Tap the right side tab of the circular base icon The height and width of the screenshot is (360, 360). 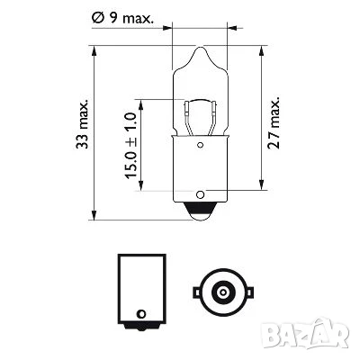242,292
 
